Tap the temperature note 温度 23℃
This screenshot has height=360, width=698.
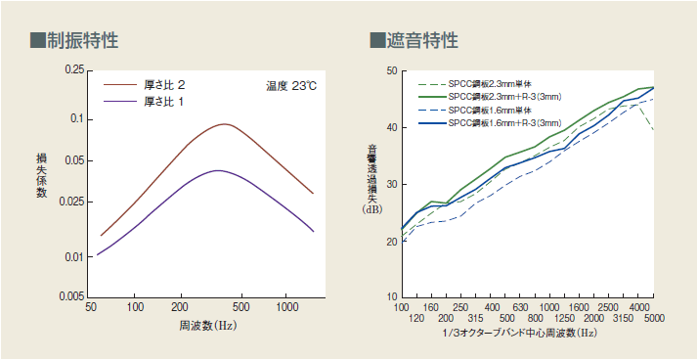tap(291, 86)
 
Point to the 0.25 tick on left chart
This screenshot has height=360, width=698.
tap(73, 70)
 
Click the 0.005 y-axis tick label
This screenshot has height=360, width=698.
tap(70, 295)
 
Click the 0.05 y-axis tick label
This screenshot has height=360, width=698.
tap(73, 159)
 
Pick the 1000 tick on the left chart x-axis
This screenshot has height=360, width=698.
tap(286, 307)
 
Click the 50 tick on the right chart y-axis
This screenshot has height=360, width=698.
tap(390, 71)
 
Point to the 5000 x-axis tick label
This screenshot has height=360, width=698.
tap(654, 319)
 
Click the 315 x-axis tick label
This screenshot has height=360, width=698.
tap(475, 319)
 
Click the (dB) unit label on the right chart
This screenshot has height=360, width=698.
tap(372, 209)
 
